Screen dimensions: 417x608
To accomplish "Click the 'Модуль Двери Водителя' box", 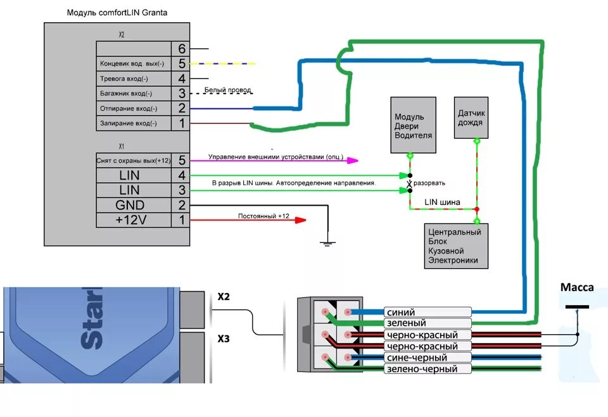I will [413, 125].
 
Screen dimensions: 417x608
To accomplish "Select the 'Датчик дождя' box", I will [471, 118].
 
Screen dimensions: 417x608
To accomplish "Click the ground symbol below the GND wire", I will [327, 242].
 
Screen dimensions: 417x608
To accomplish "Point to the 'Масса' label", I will [577, 288].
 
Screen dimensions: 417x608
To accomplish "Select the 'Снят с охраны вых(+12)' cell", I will [134, 160].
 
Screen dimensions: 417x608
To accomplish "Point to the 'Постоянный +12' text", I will [263, 216].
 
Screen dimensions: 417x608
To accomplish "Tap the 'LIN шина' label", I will [443, 202].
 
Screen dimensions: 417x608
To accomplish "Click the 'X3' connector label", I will [224, 339].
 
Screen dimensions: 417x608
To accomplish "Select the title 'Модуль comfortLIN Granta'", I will [117, 13].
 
